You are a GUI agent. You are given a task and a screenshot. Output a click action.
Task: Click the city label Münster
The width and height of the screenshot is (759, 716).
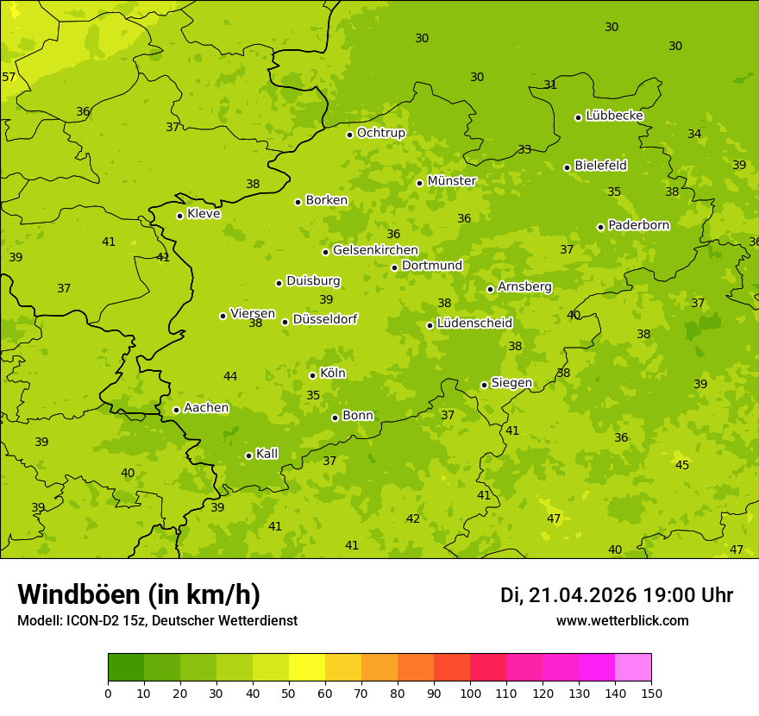[452, 181]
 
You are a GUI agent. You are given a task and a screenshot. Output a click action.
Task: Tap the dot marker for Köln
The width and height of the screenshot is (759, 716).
[312, 375]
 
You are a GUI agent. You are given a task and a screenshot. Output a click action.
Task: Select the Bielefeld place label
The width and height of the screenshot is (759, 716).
[600, 166]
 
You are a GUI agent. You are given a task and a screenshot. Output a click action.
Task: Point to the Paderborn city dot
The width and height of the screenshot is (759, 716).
[600, 227]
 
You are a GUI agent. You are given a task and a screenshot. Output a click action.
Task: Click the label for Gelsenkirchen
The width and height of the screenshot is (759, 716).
[375, 250]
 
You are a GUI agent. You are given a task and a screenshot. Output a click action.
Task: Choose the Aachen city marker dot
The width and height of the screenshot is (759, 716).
[176, 410]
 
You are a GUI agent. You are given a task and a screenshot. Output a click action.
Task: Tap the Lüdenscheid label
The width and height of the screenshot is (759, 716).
[474, 323]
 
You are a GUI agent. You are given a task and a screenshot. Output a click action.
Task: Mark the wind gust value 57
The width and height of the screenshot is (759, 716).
[9, 78]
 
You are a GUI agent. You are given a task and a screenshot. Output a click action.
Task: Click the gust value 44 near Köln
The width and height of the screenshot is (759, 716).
[230, 376]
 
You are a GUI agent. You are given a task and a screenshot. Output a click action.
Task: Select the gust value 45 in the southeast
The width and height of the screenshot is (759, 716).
[682, 465]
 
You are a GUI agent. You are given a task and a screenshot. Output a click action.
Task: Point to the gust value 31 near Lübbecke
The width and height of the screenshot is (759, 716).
[550, 85]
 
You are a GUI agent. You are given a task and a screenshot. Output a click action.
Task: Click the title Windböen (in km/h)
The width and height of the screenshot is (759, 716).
[139, 594]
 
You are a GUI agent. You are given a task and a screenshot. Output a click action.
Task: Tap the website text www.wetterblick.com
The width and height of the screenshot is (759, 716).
[622, 621]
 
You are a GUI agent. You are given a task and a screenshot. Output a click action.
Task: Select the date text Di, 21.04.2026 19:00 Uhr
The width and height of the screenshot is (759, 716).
[617, 595]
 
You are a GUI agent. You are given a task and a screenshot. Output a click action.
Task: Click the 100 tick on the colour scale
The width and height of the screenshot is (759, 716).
[471, 693]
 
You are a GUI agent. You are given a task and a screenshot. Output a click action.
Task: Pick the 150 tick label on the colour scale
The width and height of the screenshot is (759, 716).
[651, 693]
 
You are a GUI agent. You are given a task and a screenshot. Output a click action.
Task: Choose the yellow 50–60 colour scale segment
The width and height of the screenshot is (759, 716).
[307, 668]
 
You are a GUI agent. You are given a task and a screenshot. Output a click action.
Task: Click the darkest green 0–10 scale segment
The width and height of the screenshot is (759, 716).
[126, 668]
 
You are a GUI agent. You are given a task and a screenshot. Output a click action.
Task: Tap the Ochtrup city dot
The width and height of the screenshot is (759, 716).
[349, 135]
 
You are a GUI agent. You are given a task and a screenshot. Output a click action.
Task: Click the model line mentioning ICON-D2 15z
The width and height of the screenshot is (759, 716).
[157, 621]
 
